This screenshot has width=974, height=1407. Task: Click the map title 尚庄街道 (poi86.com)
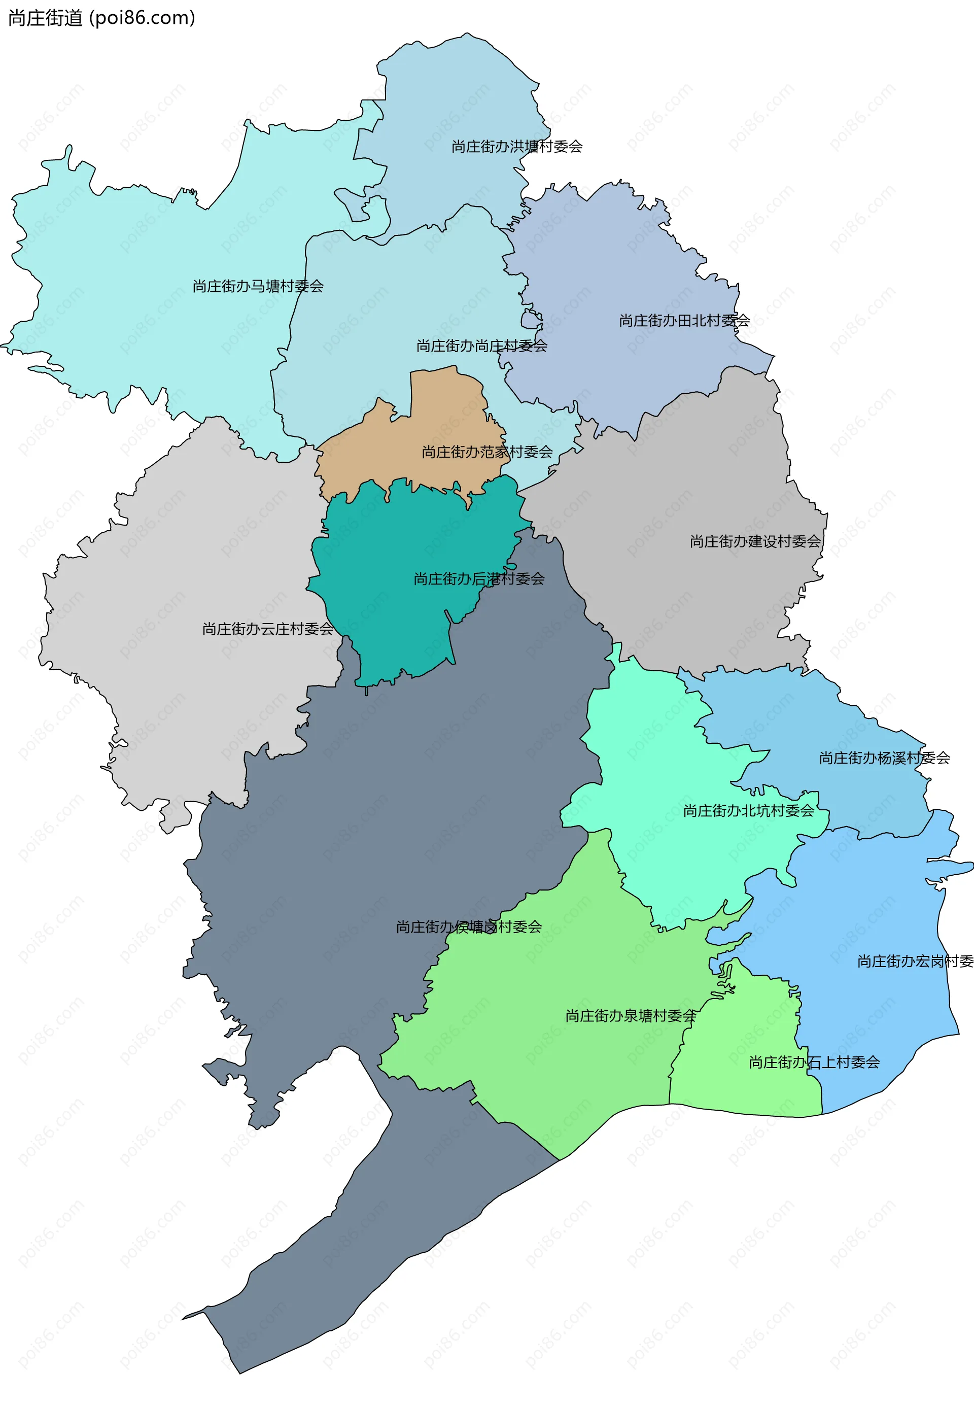point(101,18)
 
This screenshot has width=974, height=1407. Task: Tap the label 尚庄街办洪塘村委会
point(516,147)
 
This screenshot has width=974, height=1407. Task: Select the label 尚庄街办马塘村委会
point(258,286)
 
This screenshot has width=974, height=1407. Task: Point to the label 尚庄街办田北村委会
point(684,321)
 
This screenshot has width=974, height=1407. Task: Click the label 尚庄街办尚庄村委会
point(481,346)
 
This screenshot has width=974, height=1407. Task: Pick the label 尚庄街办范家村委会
point(487,452)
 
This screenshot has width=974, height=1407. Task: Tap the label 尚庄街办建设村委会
point(755,541)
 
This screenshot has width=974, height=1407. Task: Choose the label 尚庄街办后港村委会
point(479,578)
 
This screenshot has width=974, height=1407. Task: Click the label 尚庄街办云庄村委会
point(268,629)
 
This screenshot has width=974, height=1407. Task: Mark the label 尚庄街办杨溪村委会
point(884,758)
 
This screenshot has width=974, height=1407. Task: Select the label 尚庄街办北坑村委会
point(749,811)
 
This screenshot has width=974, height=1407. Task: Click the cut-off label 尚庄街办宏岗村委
point(915,962)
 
